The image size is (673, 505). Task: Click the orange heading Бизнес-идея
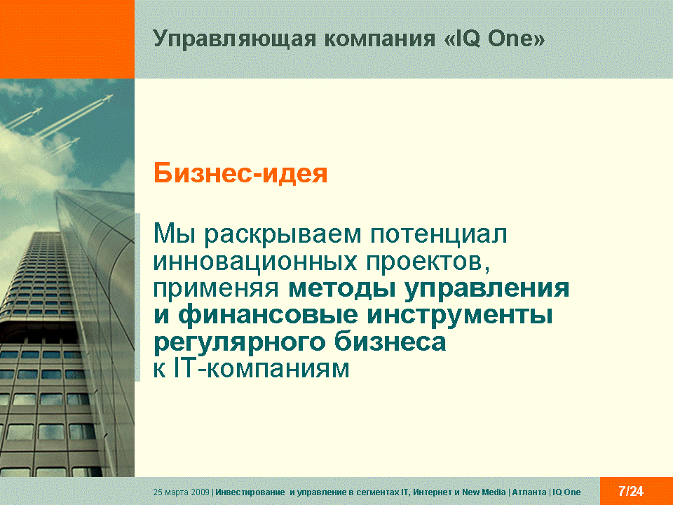click(240, 173)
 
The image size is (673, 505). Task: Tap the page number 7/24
click(631, 491)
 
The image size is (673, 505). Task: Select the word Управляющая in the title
click(234, 39)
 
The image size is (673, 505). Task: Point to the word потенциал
click(439, 234)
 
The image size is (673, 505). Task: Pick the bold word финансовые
click(268, 315)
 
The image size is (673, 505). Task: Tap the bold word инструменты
click(460, 316)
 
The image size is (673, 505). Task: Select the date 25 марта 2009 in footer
click(181, 492)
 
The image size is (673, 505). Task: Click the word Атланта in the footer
click(529, 492)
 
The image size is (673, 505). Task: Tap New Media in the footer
click(484, 492)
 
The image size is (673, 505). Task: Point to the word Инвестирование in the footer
click(250, 492)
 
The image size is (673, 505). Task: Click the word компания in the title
click(380, 39)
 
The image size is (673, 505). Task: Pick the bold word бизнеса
click(390, 342)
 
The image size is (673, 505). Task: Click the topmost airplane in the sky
click(107, 98)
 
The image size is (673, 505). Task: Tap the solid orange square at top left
click(67, 39)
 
